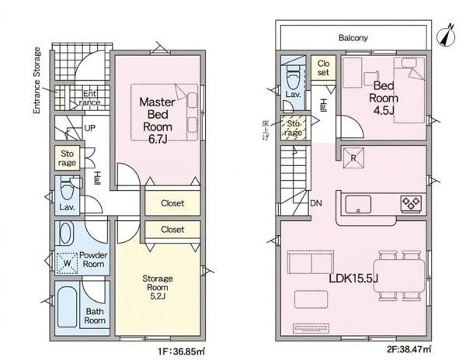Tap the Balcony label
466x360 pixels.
(353, 38)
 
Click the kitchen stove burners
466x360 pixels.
(412, 203)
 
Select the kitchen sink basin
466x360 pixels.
(358, 204)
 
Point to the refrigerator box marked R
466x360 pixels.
(353, 158)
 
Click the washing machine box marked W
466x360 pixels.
(67, 263)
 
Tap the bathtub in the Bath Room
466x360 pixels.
(68, 307)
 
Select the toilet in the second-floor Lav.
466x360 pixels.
(294, 78)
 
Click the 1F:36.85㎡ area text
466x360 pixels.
(182, 351)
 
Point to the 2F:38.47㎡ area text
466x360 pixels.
(409, 349)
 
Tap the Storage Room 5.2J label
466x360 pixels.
(158, 287)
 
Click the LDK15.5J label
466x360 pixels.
(353, 279)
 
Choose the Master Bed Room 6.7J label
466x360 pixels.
(157, 120)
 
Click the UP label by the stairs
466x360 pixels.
(90, 128)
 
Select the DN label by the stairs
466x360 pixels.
(316, 203)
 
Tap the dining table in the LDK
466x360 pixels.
(399, 275)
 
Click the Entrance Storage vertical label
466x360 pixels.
(37, 81)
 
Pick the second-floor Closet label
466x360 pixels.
(323, 67)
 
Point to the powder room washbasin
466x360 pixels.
(66, 234)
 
